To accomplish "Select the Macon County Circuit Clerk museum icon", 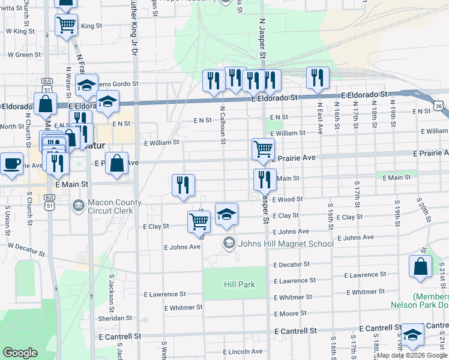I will coord(78,206).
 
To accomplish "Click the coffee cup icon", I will coord(11,163).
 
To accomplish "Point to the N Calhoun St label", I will coord(222,125).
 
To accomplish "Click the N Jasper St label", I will coord(262,37).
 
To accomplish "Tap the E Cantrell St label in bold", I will coord(295,331).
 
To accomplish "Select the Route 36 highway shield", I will coord(440,106).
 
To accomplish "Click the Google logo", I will coord(20,353).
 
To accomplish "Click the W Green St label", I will coord(24,55).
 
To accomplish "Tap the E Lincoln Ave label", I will coord(243,352).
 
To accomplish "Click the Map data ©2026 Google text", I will coord(412,355).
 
